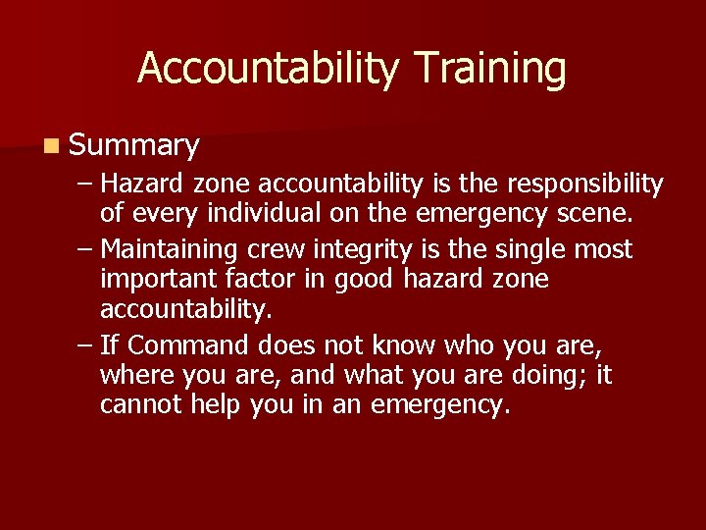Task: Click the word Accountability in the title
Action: (x=268, y=69)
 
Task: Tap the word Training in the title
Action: (x=489, y=69)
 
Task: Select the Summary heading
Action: (x=134, y=146)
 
